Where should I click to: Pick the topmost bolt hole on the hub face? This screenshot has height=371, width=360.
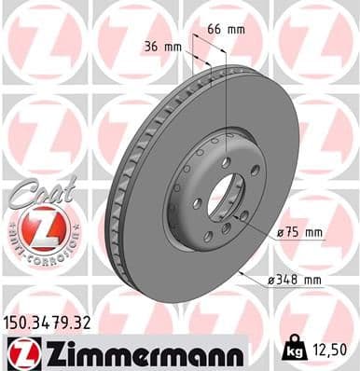[x=226, y=162]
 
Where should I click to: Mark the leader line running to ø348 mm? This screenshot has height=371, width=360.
[x=250, y=272]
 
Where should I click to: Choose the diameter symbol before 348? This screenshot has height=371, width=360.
[x=270, y=278]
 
